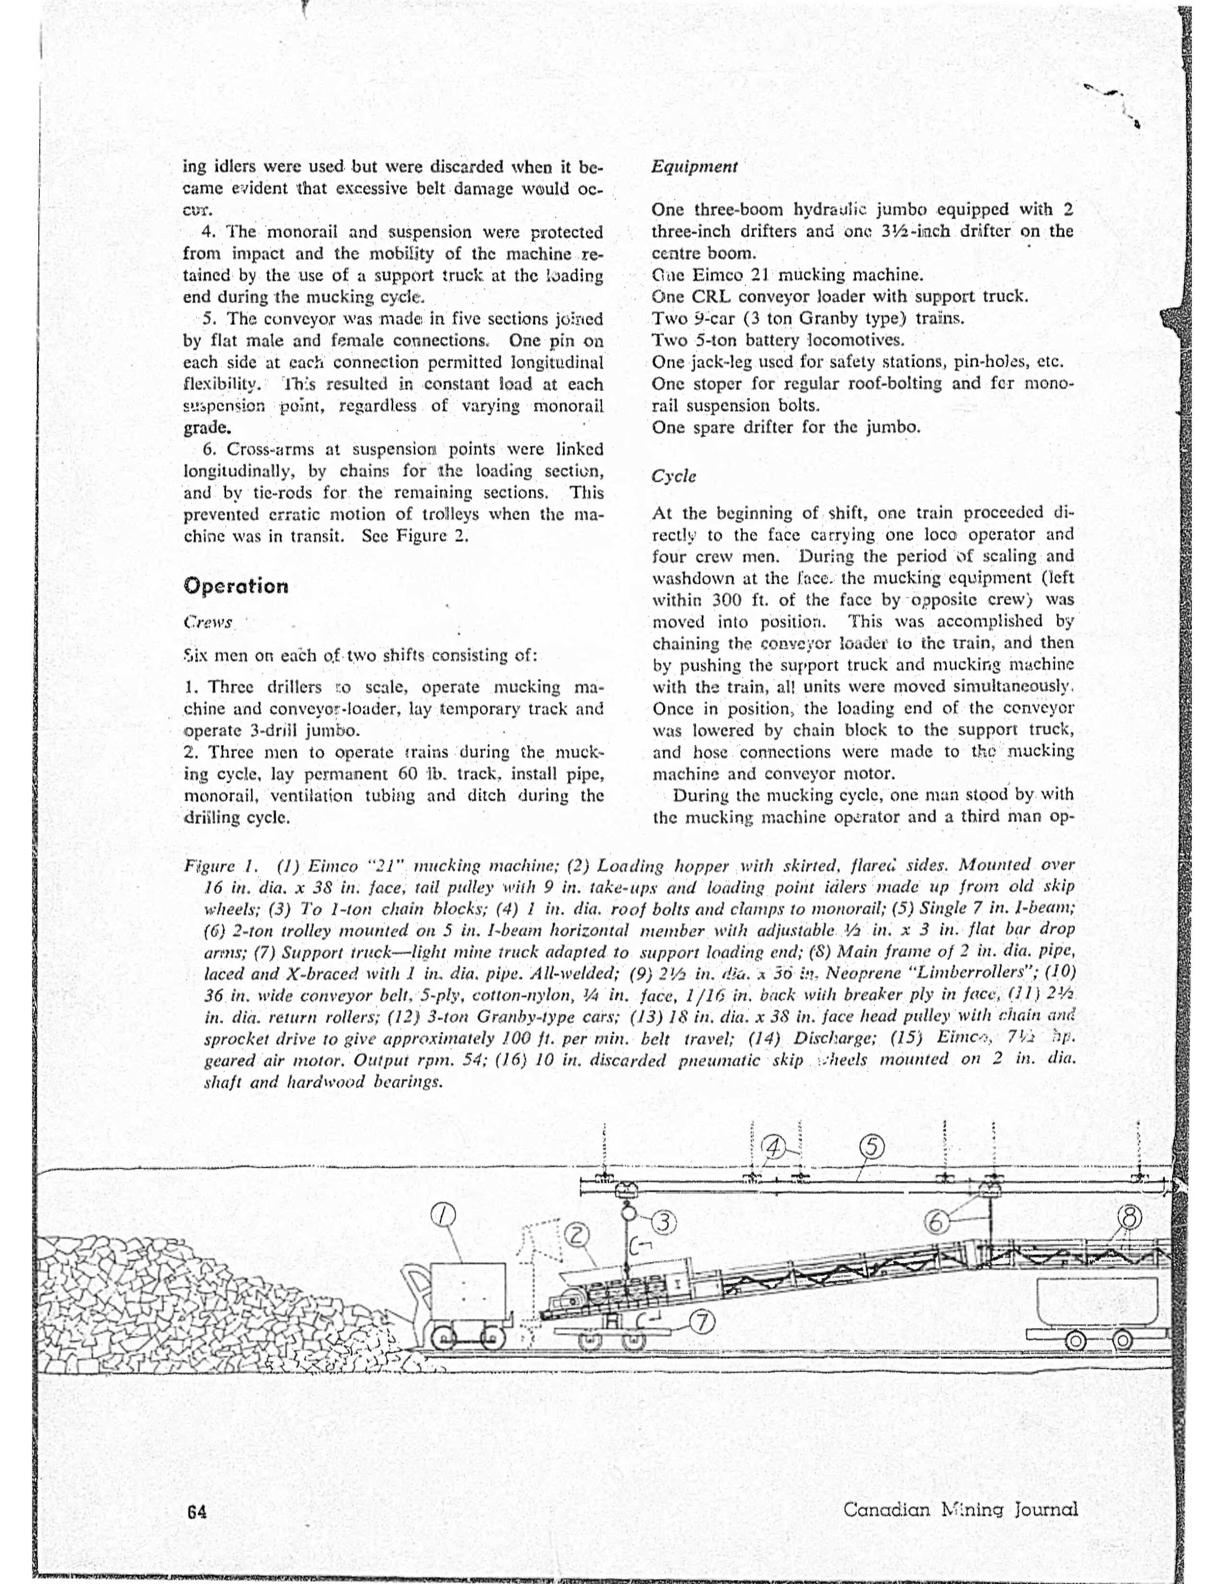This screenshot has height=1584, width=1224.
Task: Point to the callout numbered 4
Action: point(774,1147)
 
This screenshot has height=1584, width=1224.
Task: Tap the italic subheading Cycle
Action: point(674,476)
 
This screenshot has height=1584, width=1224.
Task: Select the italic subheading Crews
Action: point(208,622)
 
